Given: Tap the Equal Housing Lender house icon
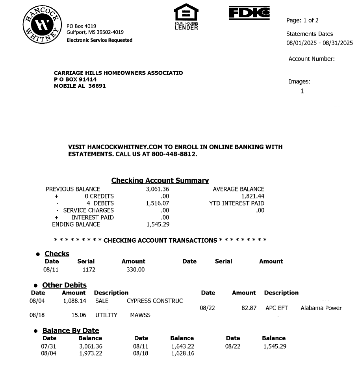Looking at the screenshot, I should point(186,14).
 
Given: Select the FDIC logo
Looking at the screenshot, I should point(249,13).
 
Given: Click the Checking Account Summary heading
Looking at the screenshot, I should point(160,180).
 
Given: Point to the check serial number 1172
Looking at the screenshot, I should point(89,270).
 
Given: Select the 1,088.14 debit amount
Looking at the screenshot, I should point(74,301).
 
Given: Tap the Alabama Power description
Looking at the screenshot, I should point(321,308).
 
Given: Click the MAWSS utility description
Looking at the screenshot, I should point(140,315).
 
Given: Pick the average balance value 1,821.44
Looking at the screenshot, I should point(252,196).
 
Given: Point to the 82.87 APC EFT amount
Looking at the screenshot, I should point(249,308).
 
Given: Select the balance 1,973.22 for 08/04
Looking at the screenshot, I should point(91,353).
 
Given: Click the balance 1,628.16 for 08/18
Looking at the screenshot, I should point(182,353).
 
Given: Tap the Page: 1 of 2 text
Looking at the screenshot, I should point(302,20).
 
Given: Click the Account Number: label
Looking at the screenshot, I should point(312,59).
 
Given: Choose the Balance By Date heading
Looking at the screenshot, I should point(71,330).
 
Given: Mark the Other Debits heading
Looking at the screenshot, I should point(64,285).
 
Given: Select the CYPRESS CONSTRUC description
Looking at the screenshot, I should point(155,301).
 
